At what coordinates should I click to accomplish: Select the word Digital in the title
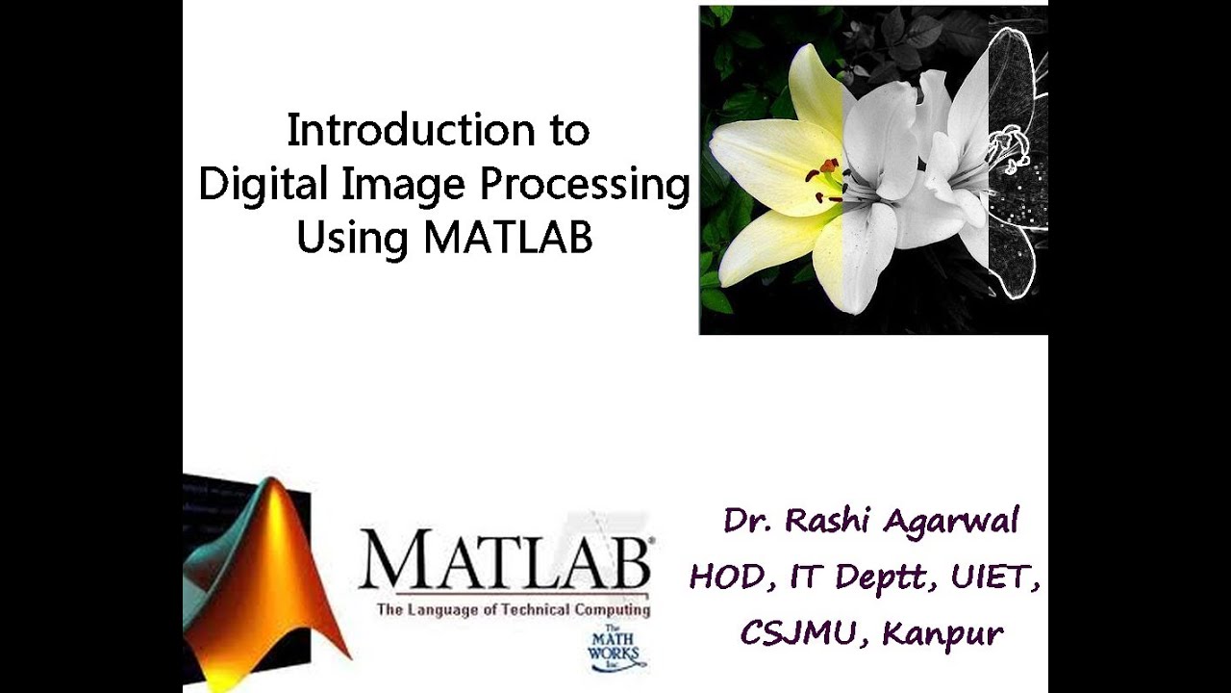click(252, 184)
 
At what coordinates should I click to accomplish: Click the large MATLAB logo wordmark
click(506, 562)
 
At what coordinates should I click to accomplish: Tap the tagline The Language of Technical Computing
click(513, 610)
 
